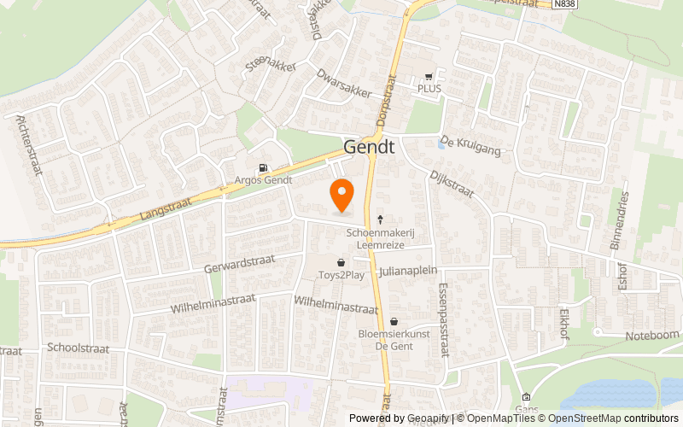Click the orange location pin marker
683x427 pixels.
341,196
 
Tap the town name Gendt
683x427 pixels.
369,147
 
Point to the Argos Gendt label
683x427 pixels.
264,180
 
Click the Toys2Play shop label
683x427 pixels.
341,274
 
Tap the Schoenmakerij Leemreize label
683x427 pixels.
381,238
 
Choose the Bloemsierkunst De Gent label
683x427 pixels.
393,339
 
